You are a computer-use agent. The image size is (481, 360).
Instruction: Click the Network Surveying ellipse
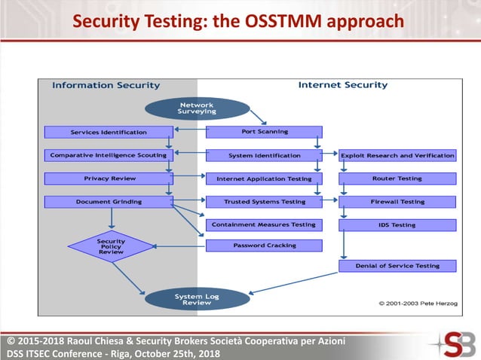pos(197,108)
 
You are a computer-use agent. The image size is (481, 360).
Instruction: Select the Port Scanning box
pos(264,132)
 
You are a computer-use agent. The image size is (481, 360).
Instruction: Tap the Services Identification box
pos(109,132)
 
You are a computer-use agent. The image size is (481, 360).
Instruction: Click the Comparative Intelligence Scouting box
pos(109,155)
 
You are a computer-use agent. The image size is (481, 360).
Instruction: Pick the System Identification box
pos(264,155)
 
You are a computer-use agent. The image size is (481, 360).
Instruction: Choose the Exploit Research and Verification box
pos(397,155)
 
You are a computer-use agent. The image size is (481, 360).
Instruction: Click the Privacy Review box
pos(109,178)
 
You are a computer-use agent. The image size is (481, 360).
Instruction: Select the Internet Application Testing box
pos(264,178)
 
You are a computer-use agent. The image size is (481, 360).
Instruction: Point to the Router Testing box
pos(397,178)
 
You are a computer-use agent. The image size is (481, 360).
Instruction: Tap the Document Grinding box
pos(109,202)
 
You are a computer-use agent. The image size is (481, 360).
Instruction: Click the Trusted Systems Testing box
pos(264,202)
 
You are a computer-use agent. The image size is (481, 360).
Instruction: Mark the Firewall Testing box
pos(397,202)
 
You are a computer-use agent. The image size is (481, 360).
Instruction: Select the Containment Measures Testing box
pos(264,224)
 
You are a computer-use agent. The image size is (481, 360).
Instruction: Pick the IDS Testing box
pos(397,224)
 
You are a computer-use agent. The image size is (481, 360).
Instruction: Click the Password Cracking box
pos(264,245)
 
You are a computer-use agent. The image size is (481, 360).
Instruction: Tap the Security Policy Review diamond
pos(111,246)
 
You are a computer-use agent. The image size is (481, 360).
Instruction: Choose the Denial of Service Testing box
pos(397,265)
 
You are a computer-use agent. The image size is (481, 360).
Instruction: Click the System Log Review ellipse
pos(197,299)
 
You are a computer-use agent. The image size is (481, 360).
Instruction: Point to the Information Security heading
pos(106,85)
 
